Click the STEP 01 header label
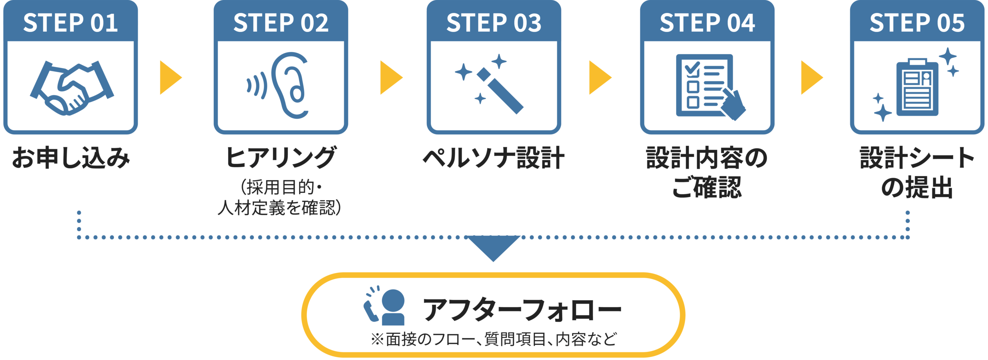tap(70, 22)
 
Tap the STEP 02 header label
tap(281, 22)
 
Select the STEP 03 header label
tap(494, 22)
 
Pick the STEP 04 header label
tap(707, 22)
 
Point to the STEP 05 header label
tap(917, 22)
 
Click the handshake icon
tap(72, 87)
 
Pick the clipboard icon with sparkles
tap(917, 85)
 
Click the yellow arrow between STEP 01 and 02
tap(170, 77)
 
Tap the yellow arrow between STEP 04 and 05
tap(811, 77)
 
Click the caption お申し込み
tap(71, 158)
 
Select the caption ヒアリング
tap(281, 158)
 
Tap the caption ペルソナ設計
tap(494, 158)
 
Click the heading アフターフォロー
tap(522, 309)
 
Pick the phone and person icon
tap(384, 306)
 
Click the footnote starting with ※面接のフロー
tap(494, 339)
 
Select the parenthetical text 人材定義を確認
tap(279, 208)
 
